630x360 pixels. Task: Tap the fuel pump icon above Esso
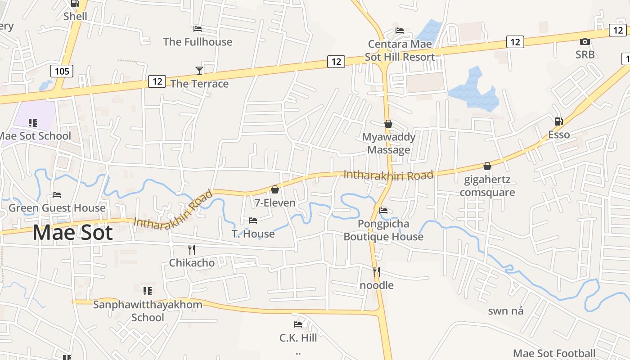pyautogui.click(x=558, y=121)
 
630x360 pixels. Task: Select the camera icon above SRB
pyautogui.click(x=585, y=42)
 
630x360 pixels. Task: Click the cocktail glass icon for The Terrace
pyautogui.click(x=199, y=70)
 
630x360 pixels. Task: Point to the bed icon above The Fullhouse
pyautogui.click(x=197, y=29)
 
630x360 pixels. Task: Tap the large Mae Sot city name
pyautogui.click(x=72, y=233)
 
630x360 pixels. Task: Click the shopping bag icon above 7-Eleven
pyautogui.click(x=274, y=189)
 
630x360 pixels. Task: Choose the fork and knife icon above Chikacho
pyautogui.click(x=192, y=249)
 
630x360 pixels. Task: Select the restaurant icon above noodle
pyautogui.click(x=376, y=271)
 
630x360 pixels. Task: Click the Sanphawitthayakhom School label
pyautogui.click(x=148, y=311)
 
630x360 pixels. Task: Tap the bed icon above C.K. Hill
pyautogui.click(x=297, y=324)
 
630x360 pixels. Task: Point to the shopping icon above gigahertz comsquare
pyautogui.click(x=487, y=166)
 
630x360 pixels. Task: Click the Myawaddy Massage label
pyautogui.click(x=389, y=143)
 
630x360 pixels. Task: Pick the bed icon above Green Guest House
pyautogui.click(x=57, y=195)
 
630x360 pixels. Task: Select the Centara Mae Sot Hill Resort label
pyautogui.click(x=400, y=50)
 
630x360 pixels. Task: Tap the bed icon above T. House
pyautogui.click(x=253, y=220)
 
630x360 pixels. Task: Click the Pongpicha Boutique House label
pyautogui.click(x=383, y=230)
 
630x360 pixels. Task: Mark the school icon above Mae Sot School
pyautogui.click(x=33, y=122)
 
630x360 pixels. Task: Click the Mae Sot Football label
pyautogui.click(x=554, y=353)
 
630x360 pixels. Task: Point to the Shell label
pyautogui.click(x=75, y=17)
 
